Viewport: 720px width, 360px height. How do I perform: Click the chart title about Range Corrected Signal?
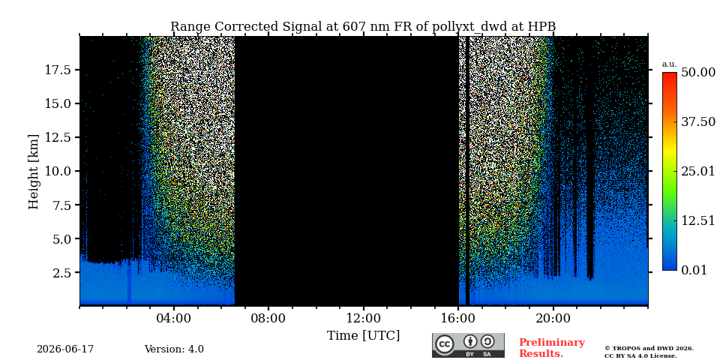(x=363, y=27)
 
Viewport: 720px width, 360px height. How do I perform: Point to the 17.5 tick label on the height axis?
(x=58, y=70)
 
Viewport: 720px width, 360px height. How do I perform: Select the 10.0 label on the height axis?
(x=58, y=171)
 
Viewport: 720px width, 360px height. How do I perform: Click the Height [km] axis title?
(x=34, y=171)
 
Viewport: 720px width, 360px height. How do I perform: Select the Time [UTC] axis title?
(x=363, y=336)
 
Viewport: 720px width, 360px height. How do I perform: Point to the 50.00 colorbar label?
(x=698, y=73)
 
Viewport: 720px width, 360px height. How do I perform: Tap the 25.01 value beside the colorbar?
(x=698, y=172)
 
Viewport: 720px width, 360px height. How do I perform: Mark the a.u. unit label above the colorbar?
(x=670, y=64)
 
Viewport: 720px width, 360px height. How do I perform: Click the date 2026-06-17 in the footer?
(x=65, y=349)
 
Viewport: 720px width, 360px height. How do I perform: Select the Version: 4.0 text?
(x=174, y=349)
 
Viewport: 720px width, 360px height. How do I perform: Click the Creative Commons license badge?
(x=468, y=345)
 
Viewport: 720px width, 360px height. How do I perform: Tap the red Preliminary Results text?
(x=552, y=348)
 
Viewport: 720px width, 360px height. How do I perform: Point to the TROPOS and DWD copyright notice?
(x=649, y=352)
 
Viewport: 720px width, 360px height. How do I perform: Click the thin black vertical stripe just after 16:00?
(x=467, y=171)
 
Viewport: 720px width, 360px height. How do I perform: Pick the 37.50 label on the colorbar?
(x=698, y=122)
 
